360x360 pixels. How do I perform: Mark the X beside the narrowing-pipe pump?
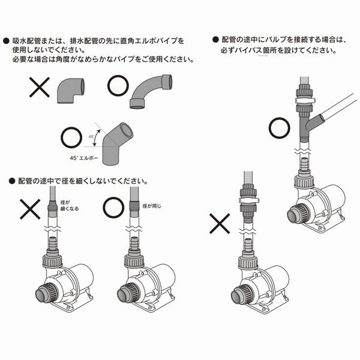coord(29,209)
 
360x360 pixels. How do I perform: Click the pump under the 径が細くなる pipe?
coord(64,282)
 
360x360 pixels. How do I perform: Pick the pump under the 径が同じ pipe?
coord(145,282)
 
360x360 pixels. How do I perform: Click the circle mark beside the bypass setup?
coord(279,127)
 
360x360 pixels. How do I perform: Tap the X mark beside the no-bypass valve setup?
coord(219,225)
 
